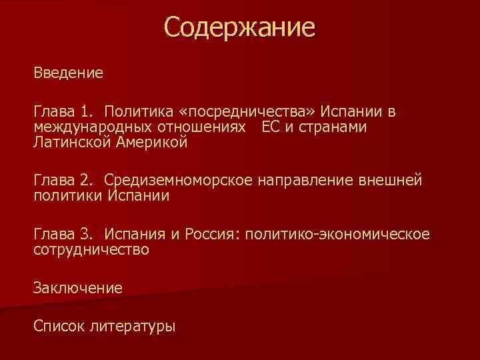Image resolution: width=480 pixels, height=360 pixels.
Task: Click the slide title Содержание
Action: click(x=239, y=28)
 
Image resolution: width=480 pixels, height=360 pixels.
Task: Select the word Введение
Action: click(x=69, y=72)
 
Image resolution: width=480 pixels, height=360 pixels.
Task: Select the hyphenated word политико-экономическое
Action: click(x=338, y=235)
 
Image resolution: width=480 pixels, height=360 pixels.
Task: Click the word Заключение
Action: click(x=79, y=288)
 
